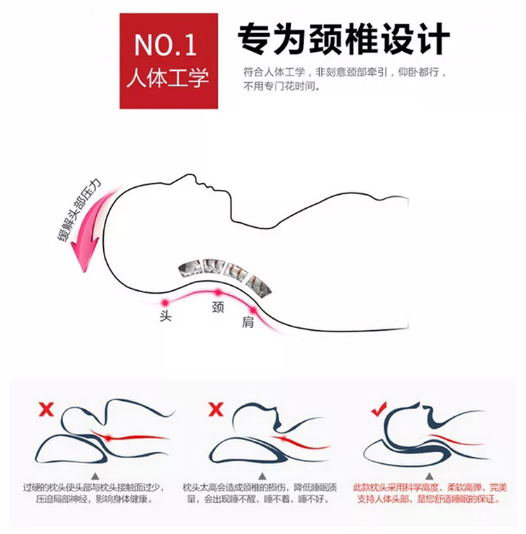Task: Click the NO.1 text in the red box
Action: (x=166, y=45)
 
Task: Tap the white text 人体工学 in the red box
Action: (x=168, y=78)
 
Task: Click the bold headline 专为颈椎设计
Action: (x=344, y=39)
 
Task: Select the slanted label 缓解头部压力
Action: (x=79, y=210)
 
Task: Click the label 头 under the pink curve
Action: (x=166, y=316)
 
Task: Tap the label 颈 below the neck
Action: (x=218, y=307)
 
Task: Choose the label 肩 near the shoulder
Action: (x=248, y=322)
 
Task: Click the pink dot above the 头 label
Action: (x=166, y=302)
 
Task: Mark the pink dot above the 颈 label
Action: (x=218, y=292)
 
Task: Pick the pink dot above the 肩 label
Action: (x=253, y=310)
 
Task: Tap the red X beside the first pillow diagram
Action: (x=46, y=409)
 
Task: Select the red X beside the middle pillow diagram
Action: (x=216, y=409)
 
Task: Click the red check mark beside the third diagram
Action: (x=379, y=409)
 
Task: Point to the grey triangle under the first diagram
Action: (x=95, y=476)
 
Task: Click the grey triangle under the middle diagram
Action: (x=262, y=476)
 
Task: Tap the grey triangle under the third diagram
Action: (x=429, y=476)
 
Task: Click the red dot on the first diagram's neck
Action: (x=108, y=438)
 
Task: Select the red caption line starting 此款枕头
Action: (x=429, y=488)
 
